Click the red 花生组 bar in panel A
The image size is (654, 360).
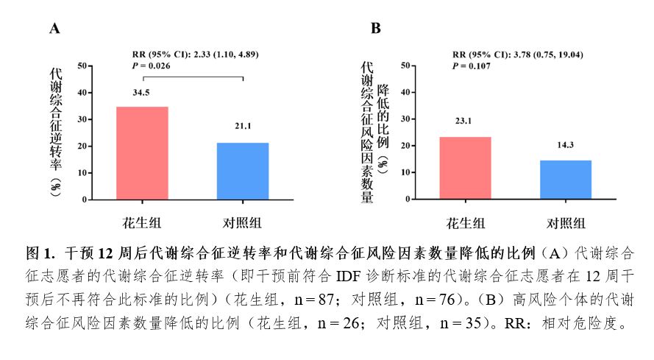coord(142,153)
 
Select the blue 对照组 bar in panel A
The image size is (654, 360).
coord(243,171)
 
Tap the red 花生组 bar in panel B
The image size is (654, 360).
coord(465,168)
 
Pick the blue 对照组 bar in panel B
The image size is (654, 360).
coord(565,180)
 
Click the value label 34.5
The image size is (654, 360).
coord(141,93)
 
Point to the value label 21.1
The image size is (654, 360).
coord(243,127)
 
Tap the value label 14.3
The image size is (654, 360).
coord(565,145)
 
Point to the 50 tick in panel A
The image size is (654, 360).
coord(82,66)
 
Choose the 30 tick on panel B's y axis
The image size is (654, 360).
coord(405,119)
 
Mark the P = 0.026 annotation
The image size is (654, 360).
coord(151,66)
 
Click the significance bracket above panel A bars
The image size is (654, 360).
coord(192,77)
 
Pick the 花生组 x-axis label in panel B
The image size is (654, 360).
coord(465,224)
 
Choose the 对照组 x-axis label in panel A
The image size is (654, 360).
coord(243,224)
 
